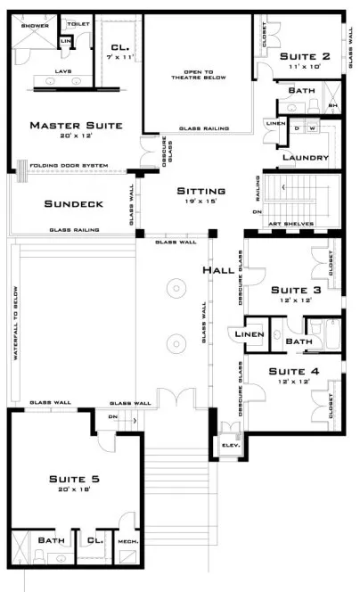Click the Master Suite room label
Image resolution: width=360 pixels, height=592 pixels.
pyautogui.click(x=75, y=125)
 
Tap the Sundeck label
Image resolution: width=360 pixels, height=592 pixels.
pyautogui.click(x=74, y=204)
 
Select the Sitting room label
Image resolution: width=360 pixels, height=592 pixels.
pyautogui.click(x=200, y=192)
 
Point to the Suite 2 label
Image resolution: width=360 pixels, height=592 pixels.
pyautogui.click(x=307, y=57)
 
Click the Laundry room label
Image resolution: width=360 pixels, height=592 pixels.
pyautogui.click(x=304, y=158)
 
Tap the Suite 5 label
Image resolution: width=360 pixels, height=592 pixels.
pyautogui.click(x=74, y=480)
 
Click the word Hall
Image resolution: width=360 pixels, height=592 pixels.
pyautogui.click(x=218, y=270)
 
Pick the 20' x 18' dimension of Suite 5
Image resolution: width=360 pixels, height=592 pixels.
pyautogui.click(x=74, y=490)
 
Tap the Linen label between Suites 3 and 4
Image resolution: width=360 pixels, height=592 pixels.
pyautogui.click(x=245, y=334)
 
